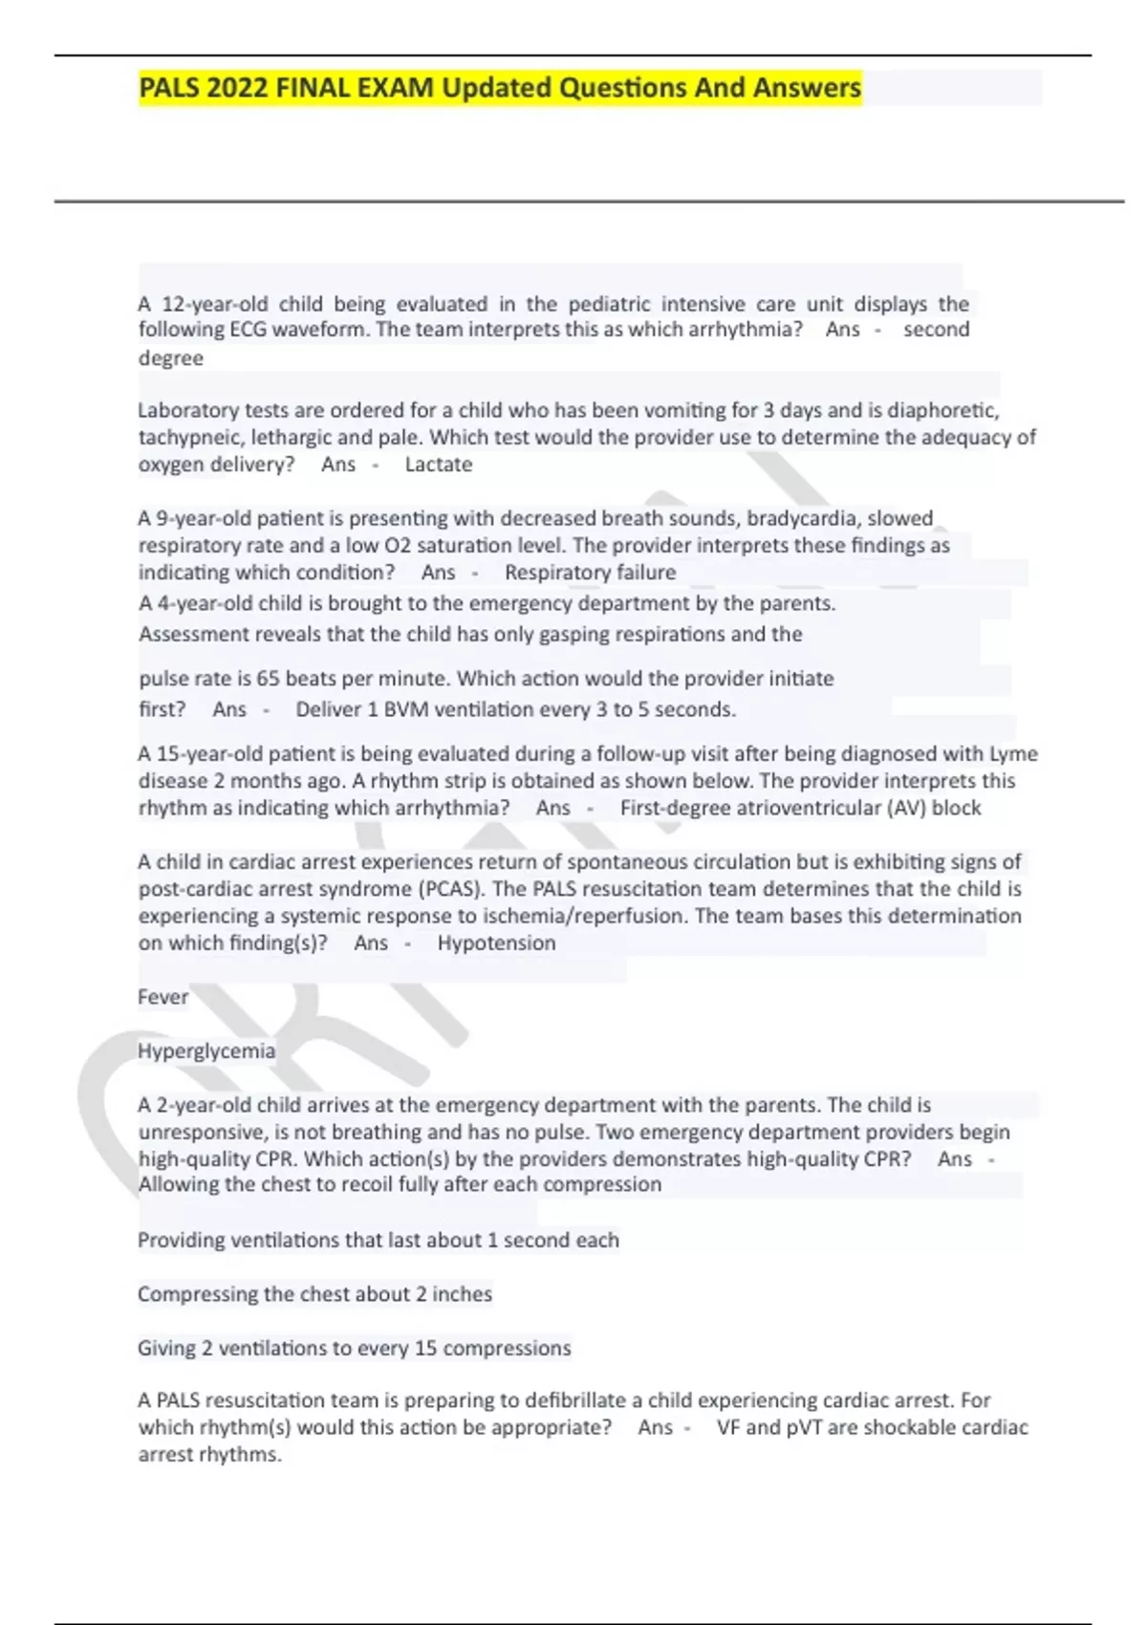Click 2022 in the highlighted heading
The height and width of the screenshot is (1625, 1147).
coord(237,88)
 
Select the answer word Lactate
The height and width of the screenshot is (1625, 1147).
coord(439,465)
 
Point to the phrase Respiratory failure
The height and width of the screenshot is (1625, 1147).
coord(590,573)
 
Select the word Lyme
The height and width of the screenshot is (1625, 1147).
coord(1013,753)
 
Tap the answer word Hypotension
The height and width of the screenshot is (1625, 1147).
coord(496,942)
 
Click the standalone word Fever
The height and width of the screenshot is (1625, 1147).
coord(163,997)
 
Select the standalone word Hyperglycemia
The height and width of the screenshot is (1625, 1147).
coord(206,1051)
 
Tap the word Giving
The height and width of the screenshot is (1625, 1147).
coord(167,1348)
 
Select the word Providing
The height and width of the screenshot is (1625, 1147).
coord(183,1240)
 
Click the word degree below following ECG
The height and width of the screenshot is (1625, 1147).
coord(171,358)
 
